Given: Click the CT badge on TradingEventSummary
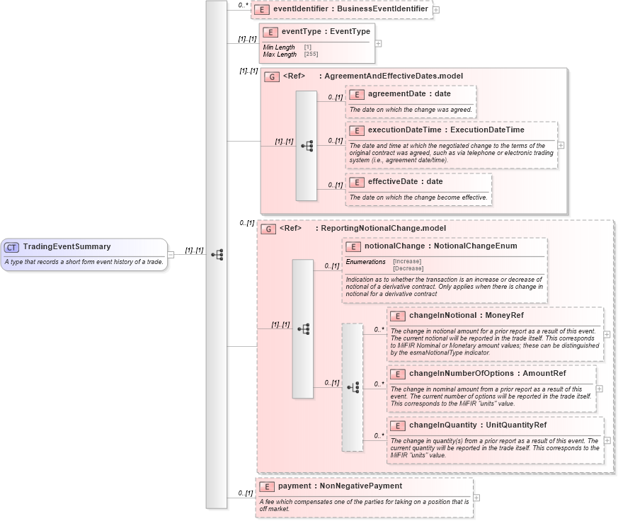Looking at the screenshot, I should [11, 247].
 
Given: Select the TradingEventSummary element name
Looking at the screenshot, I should [67, 247].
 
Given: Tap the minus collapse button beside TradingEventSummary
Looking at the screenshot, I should [171, 255].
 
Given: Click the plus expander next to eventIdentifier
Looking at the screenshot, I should [436, 10].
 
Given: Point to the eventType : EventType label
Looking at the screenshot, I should [326, 32].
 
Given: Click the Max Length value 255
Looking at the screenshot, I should [311, 55].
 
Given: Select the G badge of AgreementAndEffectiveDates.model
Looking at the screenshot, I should [272, 76].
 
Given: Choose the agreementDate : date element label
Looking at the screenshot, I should [409, 93].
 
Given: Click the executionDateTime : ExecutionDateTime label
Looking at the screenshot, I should [446, 130].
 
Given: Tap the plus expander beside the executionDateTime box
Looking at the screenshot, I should [561, 145].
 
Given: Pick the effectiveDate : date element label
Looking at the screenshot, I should [405, 182].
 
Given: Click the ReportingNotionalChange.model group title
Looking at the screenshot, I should [383, 229].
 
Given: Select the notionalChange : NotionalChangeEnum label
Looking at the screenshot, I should [440, 246].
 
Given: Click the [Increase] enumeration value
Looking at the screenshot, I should [407, 261].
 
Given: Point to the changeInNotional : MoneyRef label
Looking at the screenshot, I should [466, 316].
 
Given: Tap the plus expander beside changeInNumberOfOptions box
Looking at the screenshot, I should [599, 389].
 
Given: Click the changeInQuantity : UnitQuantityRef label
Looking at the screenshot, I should [477, 425].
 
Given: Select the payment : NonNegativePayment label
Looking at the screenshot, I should [340, 486].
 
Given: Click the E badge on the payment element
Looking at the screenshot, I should [267, 487].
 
